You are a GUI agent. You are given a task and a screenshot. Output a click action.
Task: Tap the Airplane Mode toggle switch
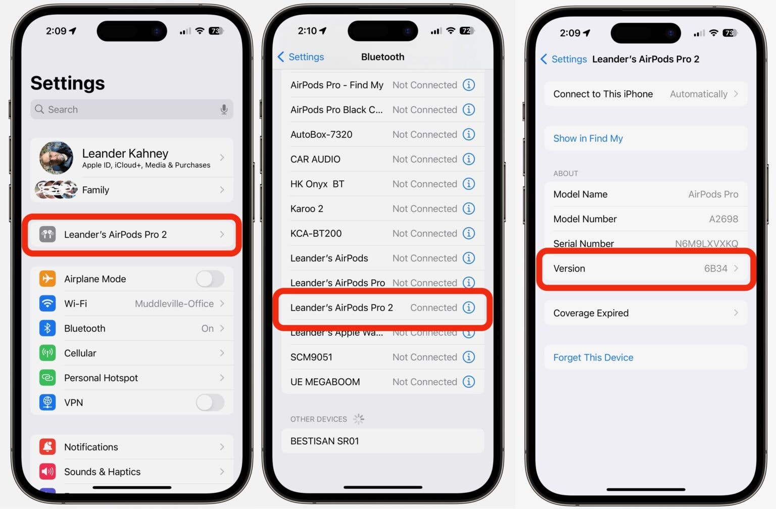pyautogui.click(x=210, y=279)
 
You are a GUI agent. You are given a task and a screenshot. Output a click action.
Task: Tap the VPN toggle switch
pyautogui.click(x=210, y=402)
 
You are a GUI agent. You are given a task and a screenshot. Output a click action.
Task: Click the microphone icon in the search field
pyautogui.click(x=224, y=110)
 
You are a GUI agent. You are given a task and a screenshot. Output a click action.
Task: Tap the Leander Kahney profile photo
pyautogui.click(x=56, y=158)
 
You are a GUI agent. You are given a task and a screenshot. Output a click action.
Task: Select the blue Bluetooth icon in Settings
pyautogui.click(x=47, y=328)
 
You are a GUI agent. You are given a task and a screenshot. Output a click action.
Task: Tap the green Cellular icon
pyautogui.click(x=47, y=353)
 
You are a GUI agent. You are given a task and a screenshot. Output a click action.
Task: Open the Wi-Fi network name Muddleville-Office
pyautogui.click(x=174, y=303)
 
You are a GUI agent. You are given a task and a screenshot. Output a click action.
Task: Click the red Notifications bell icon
pyautogui.click(x=47, y=447)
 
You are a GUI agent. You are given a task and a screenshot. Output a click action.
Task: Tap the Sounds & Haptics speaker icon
pyautogui.click(x=47, y=472)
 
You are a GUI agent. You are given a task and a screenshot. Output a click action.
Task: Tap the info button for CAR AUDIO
pyautogui.click(x=469, y=159)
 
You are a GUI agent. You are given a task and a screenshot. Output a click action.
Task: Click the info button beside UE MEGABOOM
pyautogui.click(x=469, y=382)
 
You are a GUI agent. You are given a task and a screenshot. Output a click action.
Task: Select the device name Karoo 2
pyautogui.click(x=307, y=209)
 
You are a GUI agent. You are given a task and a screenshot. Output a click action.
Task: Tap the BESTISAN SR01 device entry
pyautogui.click(x=325, y=441)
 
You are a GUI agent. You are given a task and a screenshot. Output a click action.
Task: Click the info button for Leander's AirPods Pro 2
pyautogui.click(x=469, y=308)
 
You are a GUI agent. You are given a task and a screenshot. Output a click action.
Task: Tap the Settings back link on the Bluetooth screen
pyautogui.click(x=301, y=57)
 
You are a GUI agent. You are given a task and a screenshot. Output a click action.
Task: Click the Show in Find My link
pyautogui.click(x=588, y=138)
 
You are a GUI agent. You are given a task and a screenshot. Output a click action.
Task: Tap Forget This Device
pyautogui.click(x=593, y=358)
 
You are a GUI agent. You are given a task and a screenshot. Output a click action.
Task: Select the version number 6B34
pyautogui.click(x=715, y=269)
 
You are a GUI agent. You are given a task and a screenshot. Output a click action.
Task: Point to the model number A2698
pyautogui.click(x=723, y=219)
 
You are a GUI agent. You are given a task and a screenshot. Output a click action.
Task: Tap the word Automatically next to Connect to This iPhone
pyautogui.click(x=698, y=94)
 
